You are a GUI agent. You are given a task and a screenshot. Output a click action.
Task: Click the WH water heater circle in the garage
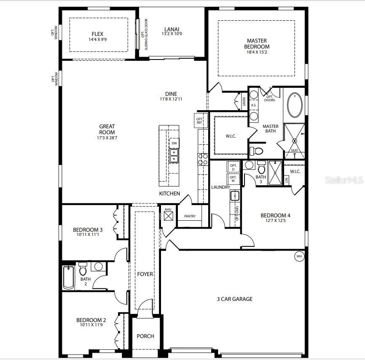(299, 256)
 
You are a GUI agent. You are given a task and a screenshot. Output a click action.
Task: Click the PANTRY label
(190, 216)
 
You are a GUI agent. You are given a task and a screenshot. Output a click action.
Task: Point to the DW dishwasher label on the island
(174, 143)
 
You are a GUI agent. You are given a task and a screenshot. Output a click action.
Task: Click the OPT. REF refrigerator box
(199, 121)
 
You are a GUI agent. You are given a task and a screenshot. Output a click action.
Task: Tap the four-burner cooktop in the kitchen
(203, 159)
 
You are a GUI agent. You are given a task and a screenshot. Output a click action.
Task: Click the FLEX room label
(97, 34)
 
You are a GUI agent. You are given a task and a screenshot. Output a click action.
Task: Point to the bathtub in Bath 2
(68, 278)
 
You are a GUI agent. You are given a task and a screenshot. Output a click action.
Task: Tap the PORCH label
(145, 336)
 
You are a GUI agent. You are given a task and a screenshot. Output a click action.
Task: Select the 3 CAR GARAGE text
(234, 299)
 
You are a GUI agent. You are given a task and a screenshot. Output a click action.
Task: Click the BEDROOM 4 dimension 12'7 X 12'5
(275, 220)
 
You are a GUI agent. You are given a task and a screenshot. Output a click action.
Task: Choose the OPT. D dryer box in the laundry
(233, 167)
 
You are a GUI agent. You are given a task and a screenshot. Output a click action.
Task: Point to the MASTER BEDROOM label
(258, 43)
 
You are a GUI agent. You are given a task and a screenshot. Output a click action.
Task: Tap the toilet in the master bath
(256, 150)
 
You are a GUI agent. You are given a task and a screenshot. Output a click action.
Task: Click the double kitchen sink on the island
(174, 156)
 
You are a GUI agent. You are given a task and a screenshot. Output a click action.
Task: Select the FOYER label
(145, 274)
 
